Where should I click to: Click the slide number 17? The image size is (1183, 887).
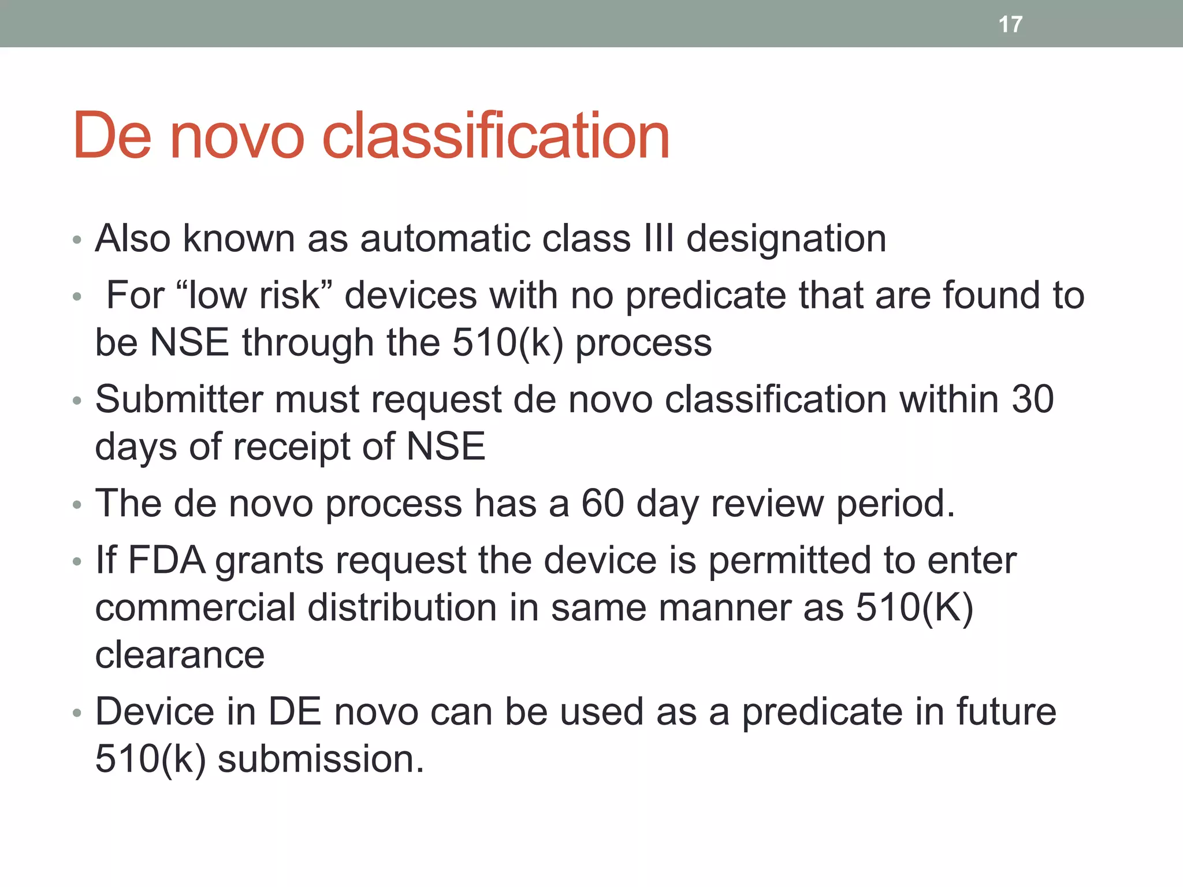[x=1010, y=24]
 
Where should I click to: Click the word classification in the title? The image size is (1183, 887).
[x=495, y=136]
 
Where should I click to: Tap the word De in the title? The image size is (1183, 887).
[x=112, y=136]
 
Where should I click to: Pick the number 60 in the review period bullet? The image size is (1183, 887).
[x=602, y=503]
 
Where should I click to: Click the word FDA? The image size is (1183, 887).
[x=166, y=560]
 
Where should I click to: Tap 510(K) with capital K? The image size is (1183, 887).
[x=914, y=608]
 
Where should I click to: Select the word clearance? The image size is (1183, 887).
[x=180, y=655]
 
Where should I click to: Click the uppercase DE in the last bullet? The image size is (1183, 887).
[x=295, y=711]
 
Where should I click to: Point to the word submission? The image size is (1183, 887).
[x=321, y=759]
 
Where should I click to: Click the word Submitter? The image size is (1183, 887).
[x=177, y=399]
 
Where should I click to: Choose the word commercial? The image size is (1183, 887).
[x=195, y=608]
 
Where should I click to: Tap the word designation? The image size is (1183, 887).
[x=786, y=239]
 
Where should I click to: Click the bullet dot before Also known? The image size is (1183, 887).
[x=77, y=240]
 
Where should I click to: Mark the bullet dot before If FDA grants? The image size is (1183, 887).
[x=77, y=562]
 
